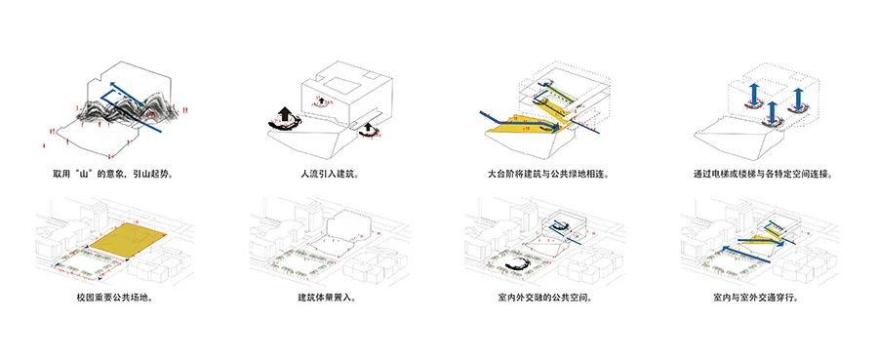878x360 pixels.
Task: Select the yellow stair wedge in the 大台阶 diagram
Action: [x=518, y=125]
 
